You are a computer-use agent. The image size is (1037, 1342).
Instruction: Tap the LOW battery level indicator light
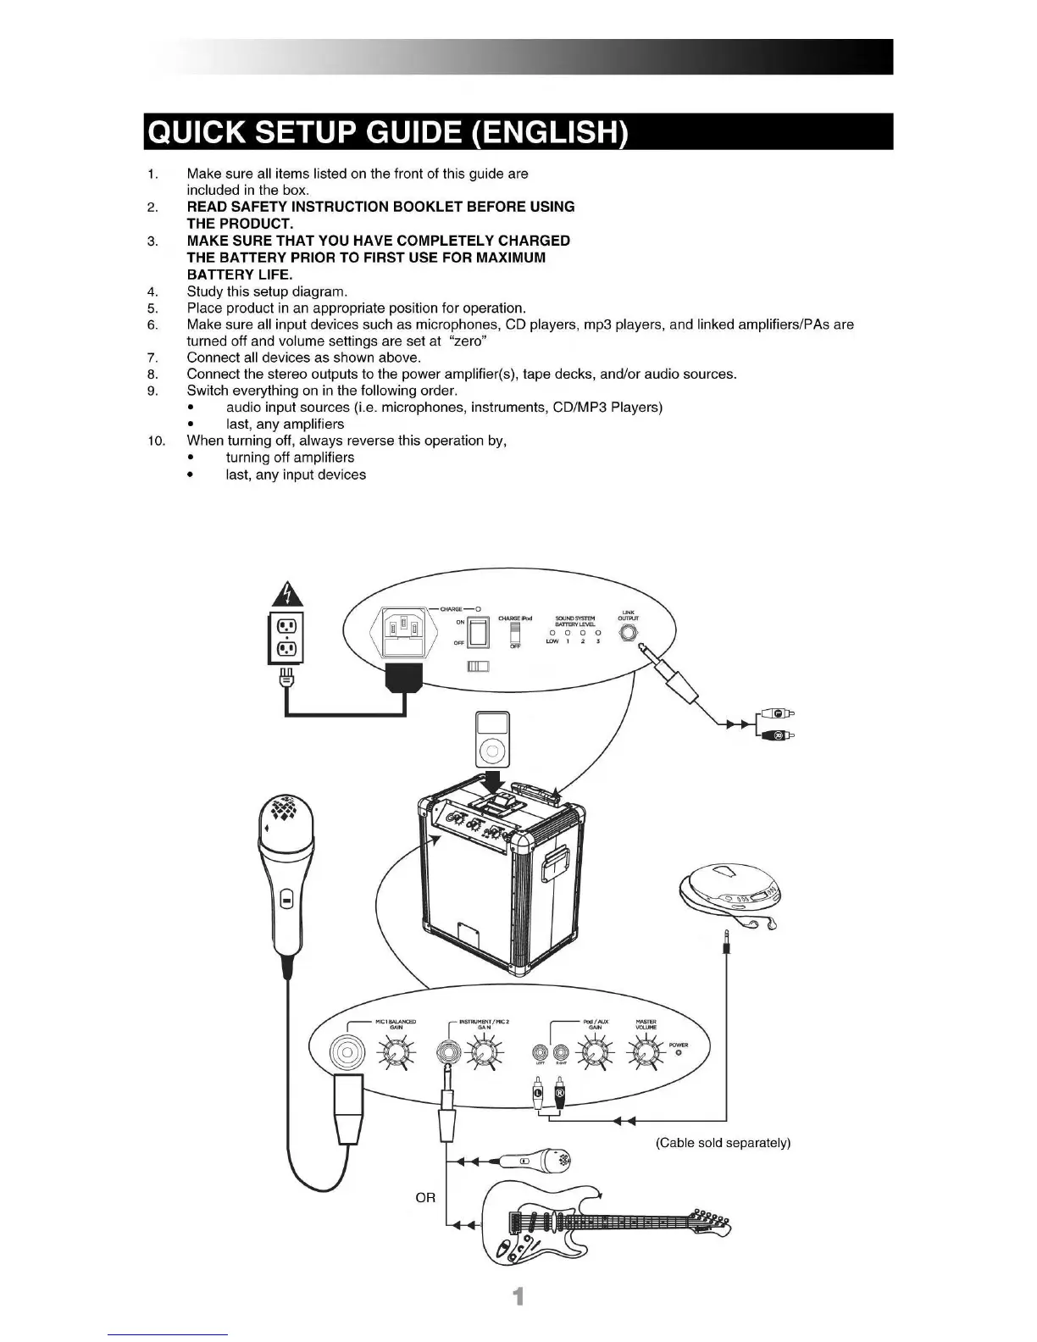[552, 632]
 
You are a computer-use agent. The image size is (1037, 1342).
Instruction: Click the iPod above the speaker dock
[491, 736]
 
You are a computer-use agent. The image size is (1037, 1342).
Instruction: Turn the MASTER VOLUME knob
[646, 1053]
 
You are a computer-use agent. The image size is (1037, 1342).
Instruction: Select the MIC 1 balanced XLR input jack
[346, 1054]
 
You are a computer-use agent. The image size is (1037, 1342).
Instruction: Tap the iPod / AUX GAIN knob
[595, 1053]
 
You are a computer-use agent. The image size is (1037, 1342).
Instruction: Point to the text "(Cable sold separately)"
[723, 1143]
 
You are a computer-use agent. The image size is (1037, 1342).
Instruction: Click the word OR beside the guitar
[425, 1198]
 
